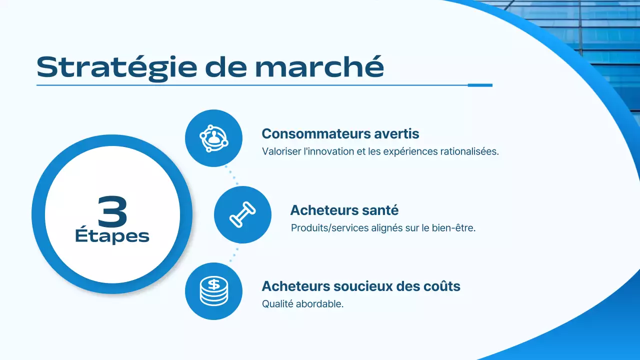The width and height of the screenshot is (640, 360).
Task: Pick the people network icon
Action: (x=213, y=138)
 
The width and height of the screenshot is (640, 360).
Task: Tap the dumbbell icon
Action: (x=242, y=215)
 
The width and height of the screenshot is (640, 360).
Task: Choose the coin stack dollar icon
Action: (x=213, y=291)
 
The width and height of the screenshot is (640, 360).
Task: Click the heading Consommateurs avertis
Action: (x=340, y=134)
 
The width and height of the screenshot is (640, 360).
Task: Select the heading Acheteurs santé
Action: (x=344, y=210)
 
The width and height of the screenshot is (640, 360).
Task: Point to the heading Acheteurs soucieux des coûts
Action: (x=361, y=286)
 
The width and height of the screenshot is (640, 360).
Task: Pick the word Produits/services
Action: (x=329, y=228)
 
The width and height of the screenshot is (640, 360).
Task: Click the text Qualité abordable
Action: (x=302, y=304)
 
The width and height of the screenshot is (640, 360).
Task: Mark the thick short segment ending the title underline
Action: (x=480, y=85)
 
